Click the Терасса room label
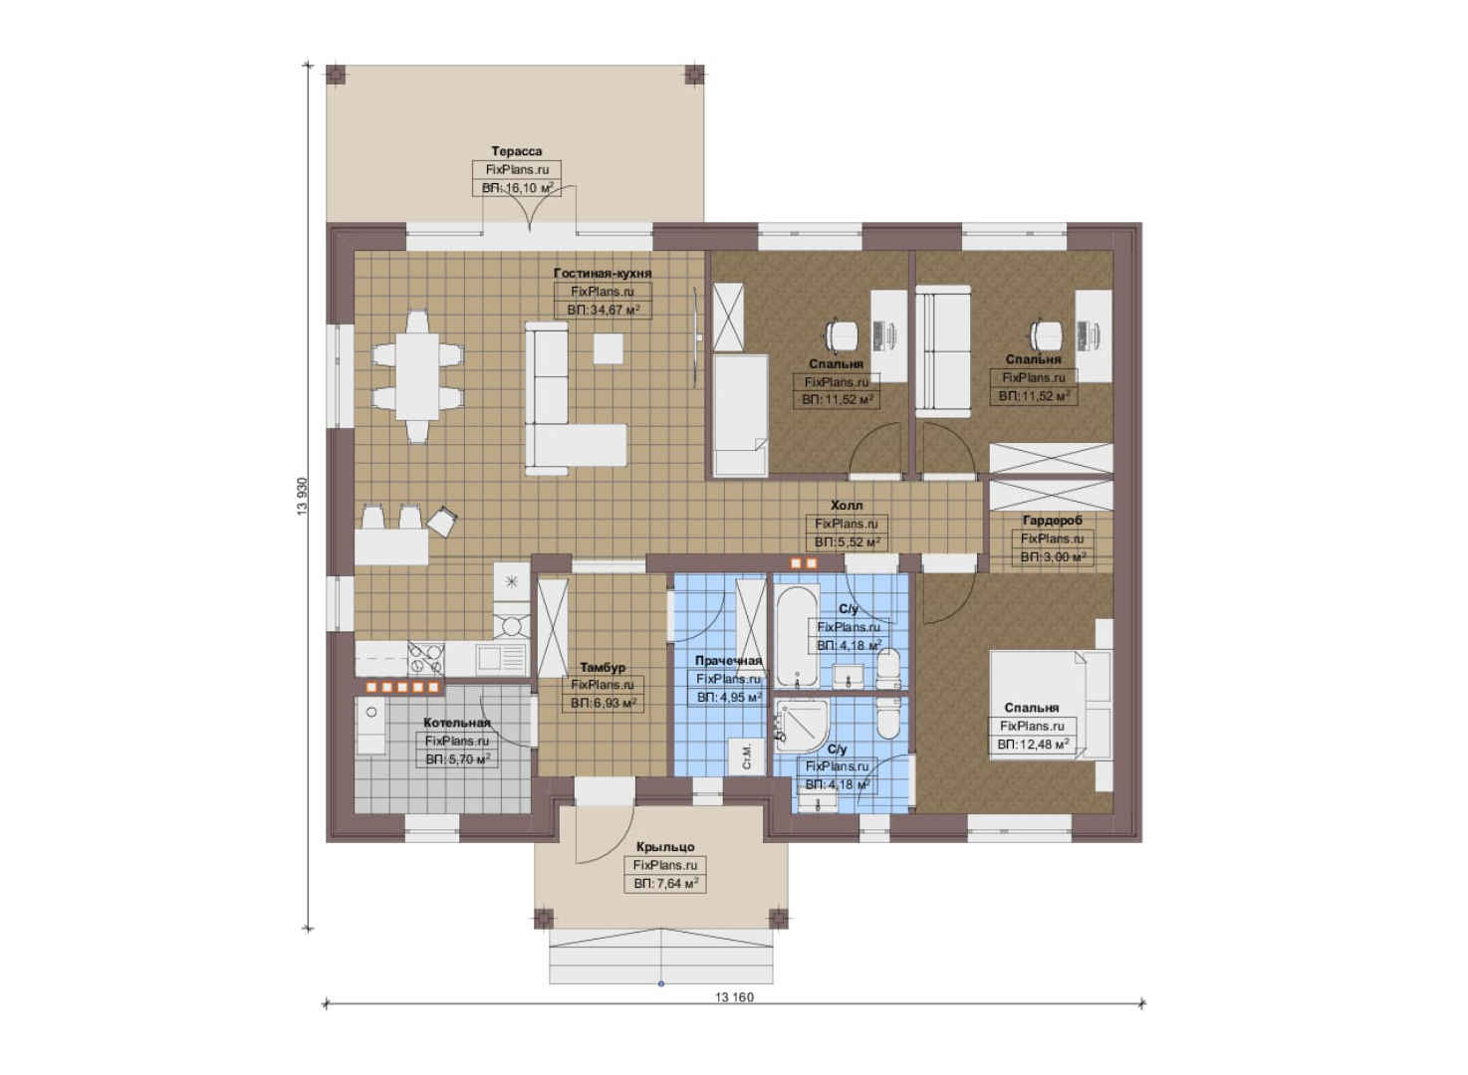pyautogui.click(x=517, y=151)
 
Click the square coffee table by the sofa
pyautogui.click(x=609, y=347)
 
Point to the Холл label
pyautogui.click(x=847, y=505)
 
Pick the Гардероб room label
pyautogui.click(x=1052, y=521)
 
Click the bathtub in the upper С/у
pyautogui.click(x=797, y=636)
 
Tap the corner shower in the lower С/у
pyautogui.click(x=801, y=726)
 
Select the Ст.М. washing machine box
pyautogui.click(x=747, y=756)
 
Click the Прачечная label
pyautogui.click(x=729, y=660)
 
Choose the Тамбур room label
pyautogui.click(x=603, y=667)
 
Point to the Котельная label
pyautogui.click(x=457, y=723)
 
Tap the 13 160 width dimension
pyautogui.click(x=734, y=997)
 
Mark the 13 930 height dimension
pyautogui.click(x=302, y=496)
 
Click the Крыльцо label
pyautogui.click(x=664, y=847)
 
